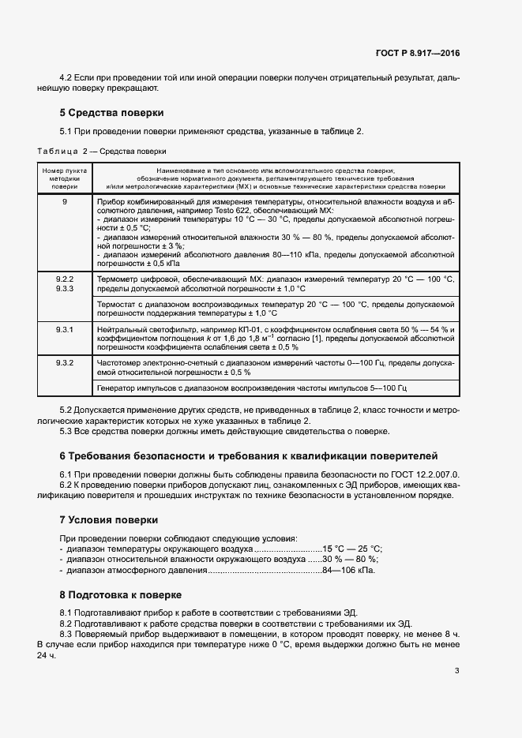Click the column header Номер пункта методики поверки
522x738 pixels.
coord(65,178)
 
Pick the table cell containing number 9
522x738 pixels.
coord(65,203)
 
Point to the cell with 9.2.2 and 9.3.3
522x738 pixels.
coord(65,285)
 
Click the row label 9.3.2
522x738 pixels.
coord(65,362)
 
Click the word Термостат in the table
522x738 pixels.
coord(116,304)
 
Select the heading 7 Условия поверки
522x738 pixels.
coord(108,520)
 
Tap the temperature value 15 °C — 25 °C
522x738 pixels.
coord(352,548)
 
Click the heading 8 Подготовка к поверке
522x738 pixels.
coord(121,594)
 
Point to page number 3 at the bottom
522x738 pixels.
coord(457,672)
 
